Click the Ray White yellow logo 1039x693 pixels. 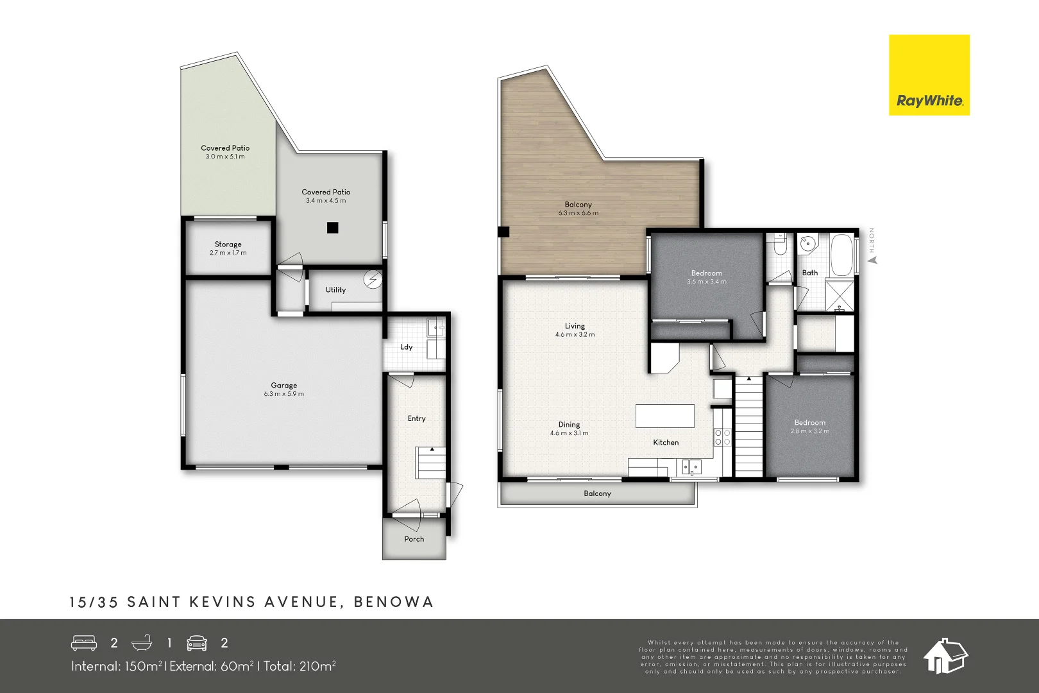929,75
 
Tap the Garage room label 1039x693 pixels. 283,386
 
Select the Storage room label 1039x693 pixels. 228,244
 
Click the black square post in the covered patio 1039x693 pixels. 332,227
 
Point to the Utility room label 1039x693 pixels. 335,290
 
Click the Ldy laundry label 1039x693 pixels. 407,347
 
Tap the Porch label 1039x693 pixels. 414,539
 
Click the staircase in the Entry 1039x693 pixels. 430,463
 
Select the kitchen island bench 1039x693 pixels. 664,416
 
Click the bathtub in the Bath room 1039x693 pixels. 841,254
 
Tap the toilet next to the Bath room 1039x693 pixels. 779,246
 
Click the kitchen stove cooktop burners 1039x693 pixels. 723,437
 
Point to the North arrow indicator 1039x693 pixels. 872,259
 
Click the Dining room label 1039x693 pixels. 569,425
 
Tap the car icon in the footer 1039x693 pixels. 197,643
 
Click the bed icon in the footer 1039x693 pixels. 84,643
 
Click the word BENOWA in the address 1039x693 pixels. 394,602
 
